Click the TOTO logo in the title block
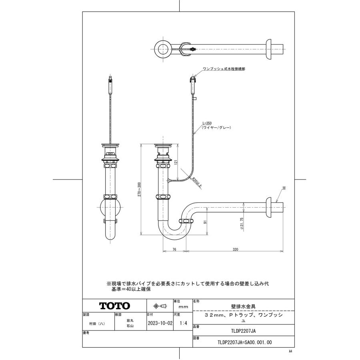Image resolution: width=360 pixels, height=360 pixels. coord(114,306)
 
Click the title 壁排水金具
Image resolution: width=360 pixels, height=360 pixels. coord(244,306)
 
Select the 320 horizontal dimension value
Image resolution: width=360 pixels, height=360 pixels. coord(235,250)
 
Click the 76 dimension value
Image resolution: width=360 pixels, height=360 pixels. coord(174,250)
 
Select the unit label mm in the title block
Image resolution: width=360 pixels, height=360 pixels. coord(183,307)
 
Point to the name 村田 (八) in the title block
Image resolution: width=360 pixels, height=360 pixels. coord(98,323)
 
